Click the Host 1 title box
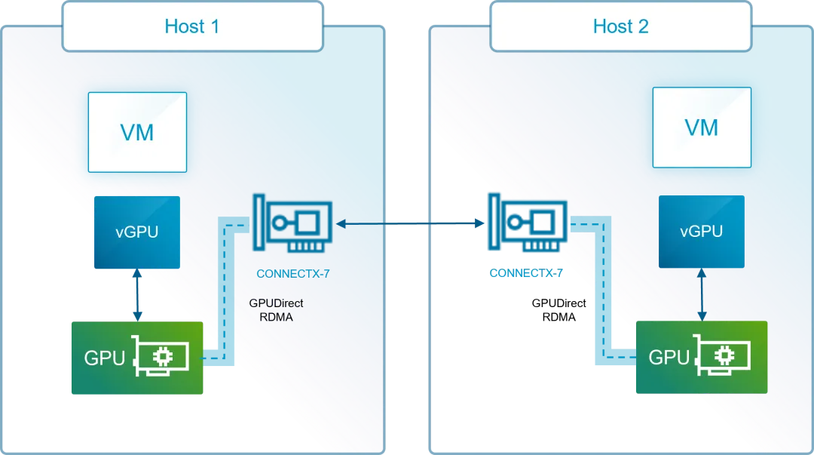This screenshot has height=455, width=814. coord(192,26)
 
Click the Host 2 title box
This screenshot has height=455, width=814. coord(620,26)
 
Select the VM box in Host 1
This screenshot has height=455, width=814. coord(137,132)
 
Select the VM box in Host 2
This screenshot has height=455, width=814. coord(701,127)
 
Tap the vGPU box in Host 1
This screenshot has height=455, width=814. coord(137,232)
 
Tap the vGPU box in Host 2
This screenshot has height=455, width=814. coord(701,231)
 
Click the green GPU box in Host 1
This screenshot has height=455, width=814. coord(136,358)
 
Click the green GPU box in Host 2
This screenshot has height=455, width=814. coord(701,357)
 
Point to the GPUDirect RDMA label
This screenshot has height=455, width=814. coord(276,310)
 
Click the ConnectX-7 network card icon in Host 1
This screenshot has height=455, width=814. coord(292,224)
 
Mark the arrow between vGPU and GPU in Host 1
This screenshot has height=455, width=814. coord(137,295)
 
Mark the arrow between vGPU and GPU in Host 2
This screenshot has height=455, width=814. coord(702,294)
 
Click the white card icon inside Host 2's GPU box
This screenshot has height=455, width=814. coord(724,356)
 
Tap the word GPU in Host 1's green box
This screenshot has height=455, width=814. coord(104,358)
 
